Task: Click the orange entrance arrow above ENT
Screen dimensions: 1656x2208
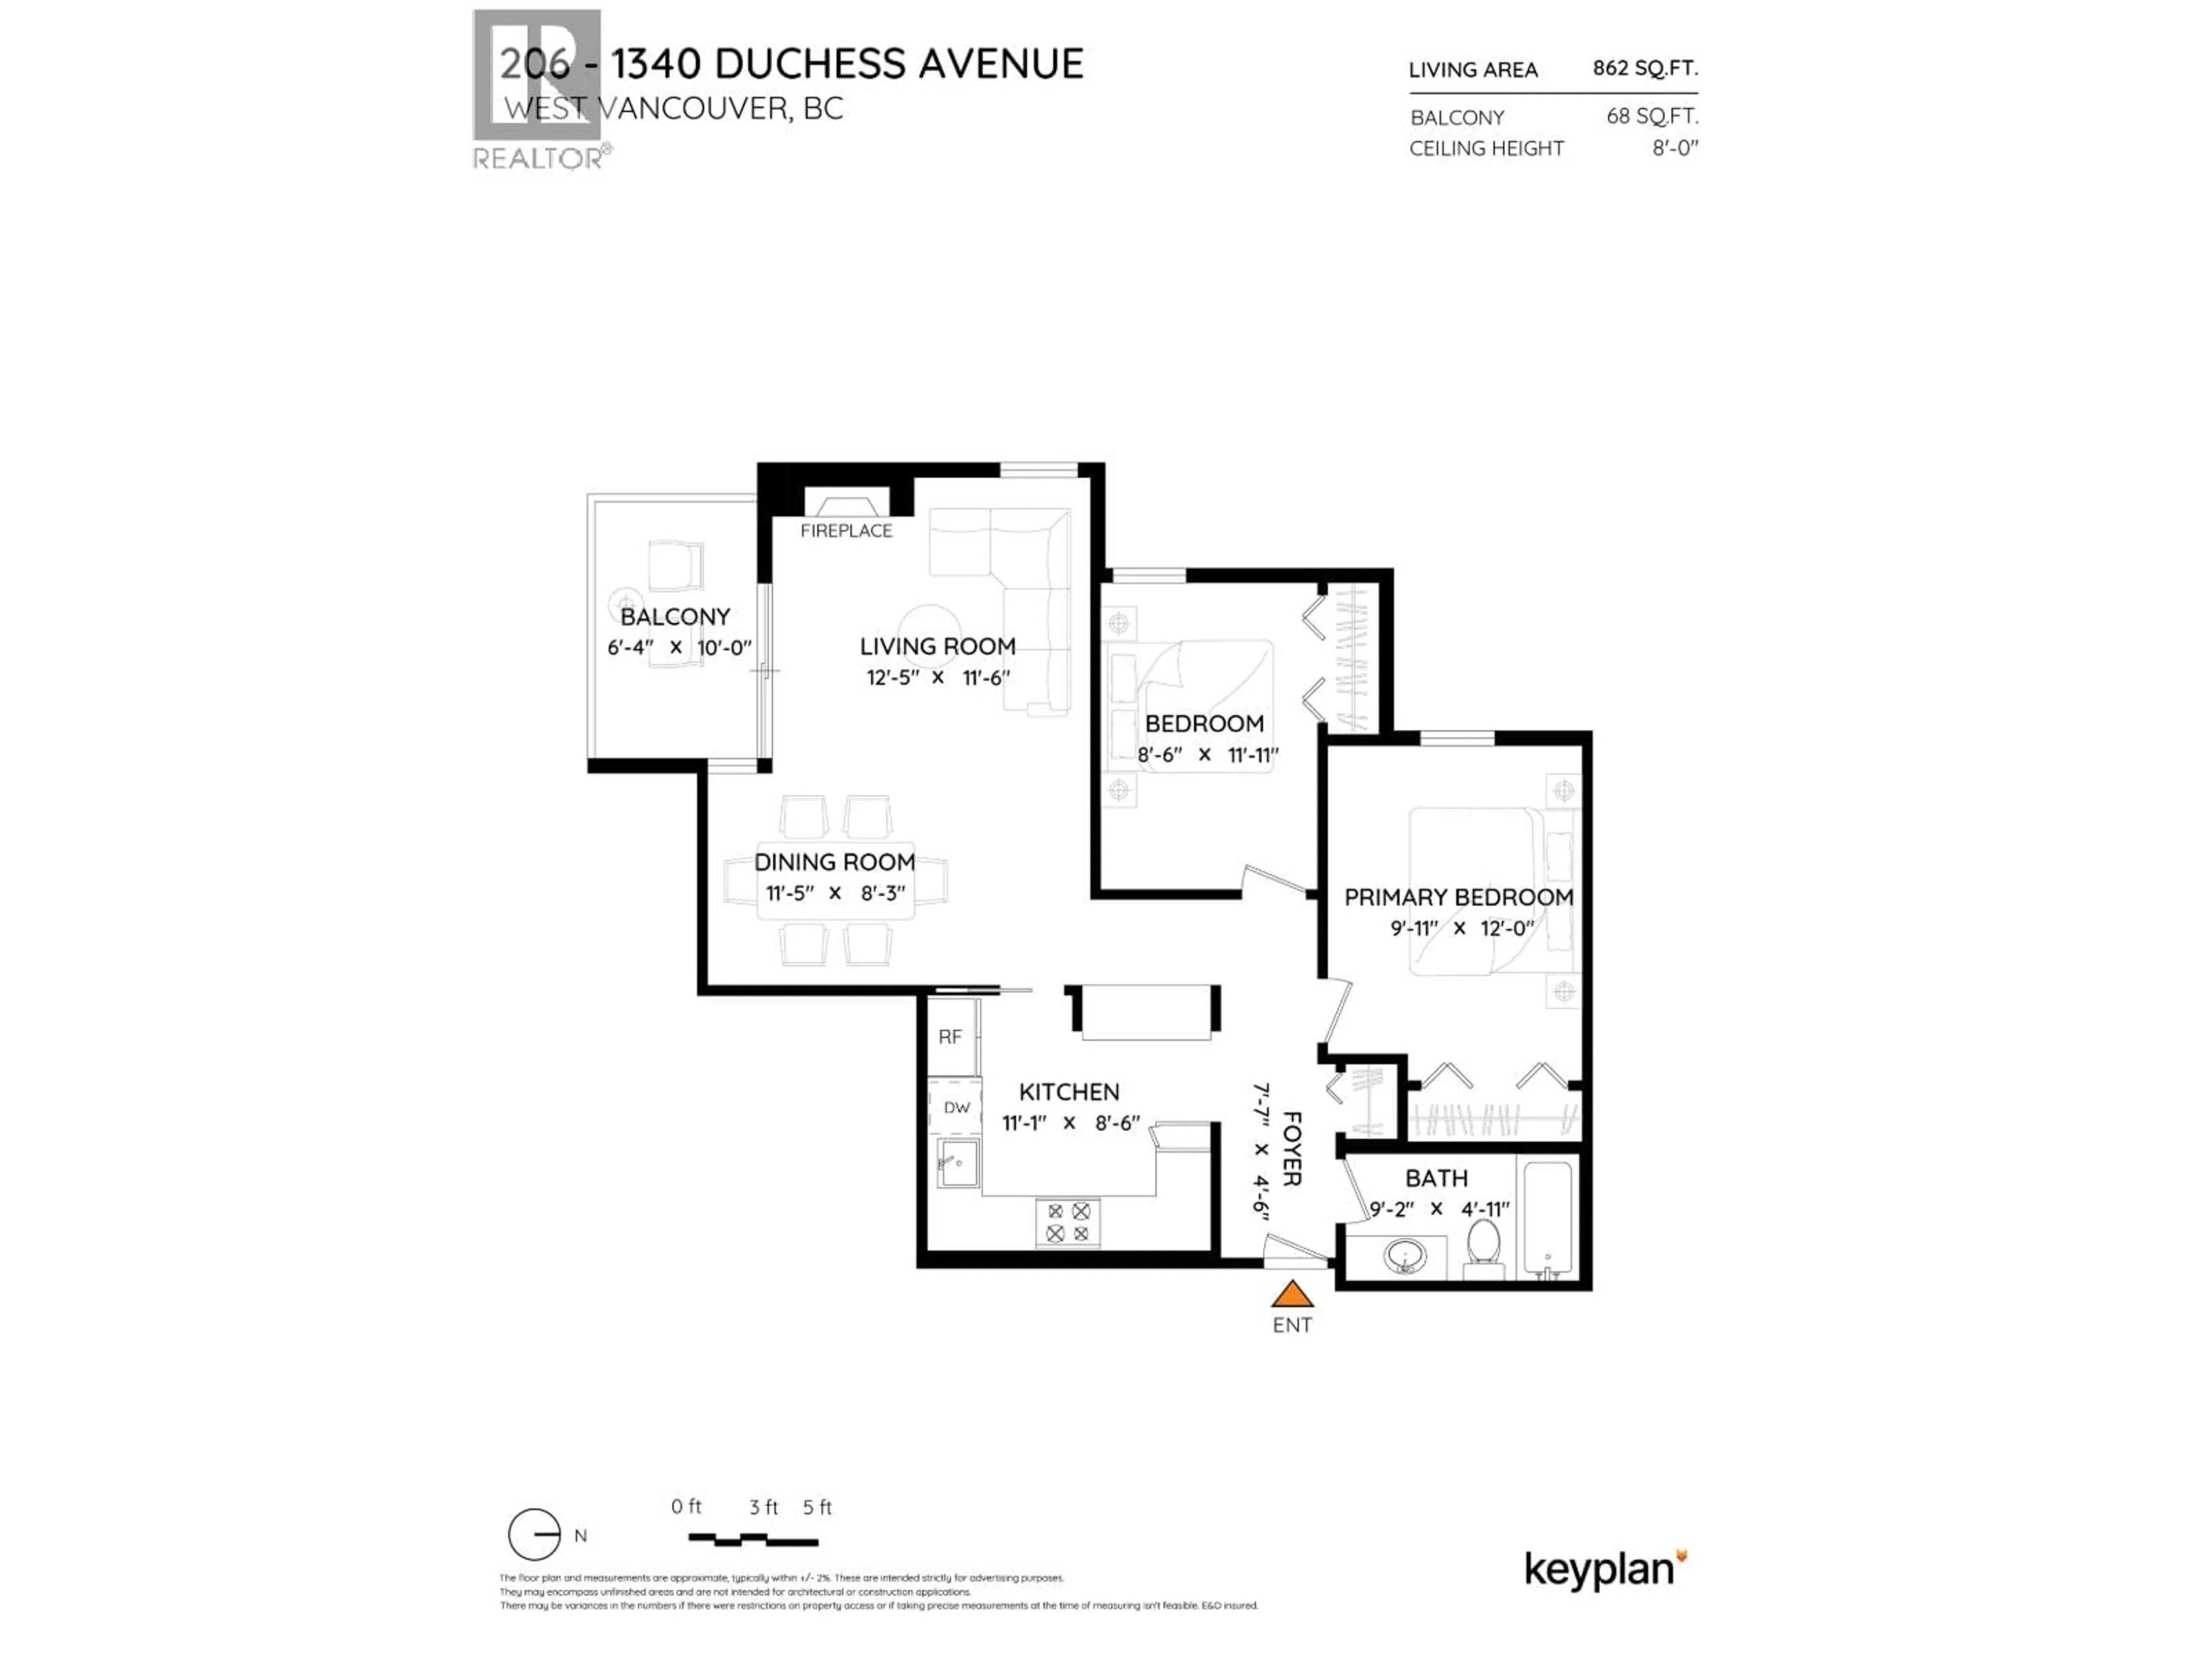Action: coord(1291,1295)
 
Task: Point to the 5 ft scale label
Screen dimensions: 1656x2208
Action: coord(816,1507)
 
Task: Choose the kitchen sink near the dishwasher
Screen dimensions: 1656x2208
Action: coord(956,1163)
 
